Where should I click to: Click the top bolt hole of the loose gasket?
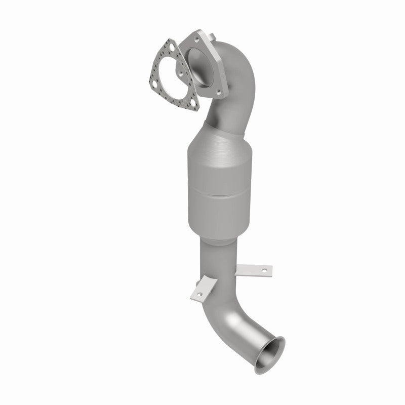(172, 47)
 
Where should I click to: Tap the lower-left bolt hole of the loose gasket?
(154, 84)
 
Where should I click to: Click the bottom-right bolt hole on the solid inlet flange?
(219, 92)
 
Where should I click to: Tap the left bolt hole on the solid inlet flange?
(181, 73)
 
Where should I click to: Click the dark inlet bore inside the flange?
(201, 68)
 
